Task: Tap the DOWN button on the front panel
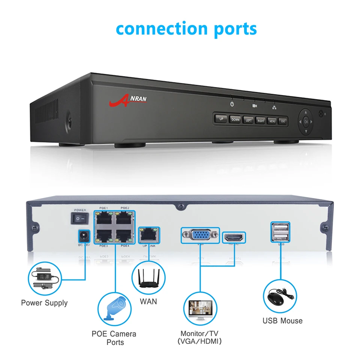(x=235, y=120)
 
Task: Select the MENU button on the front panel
(x=272, y=121)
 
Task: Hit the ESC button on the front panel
(x=283, y=121)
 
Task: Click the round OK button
(x=306, y=121)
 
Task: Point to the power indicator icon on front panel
(x=232, y=103)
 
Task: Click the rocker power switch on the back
(x=79, y=218)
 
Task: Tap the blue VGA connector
(x=200, y=235)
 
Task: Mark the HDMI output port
(x=234, y=237)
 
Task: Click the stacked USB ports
(x=279, y=231)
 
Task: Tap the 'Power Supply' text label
(x=44, y=303)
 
